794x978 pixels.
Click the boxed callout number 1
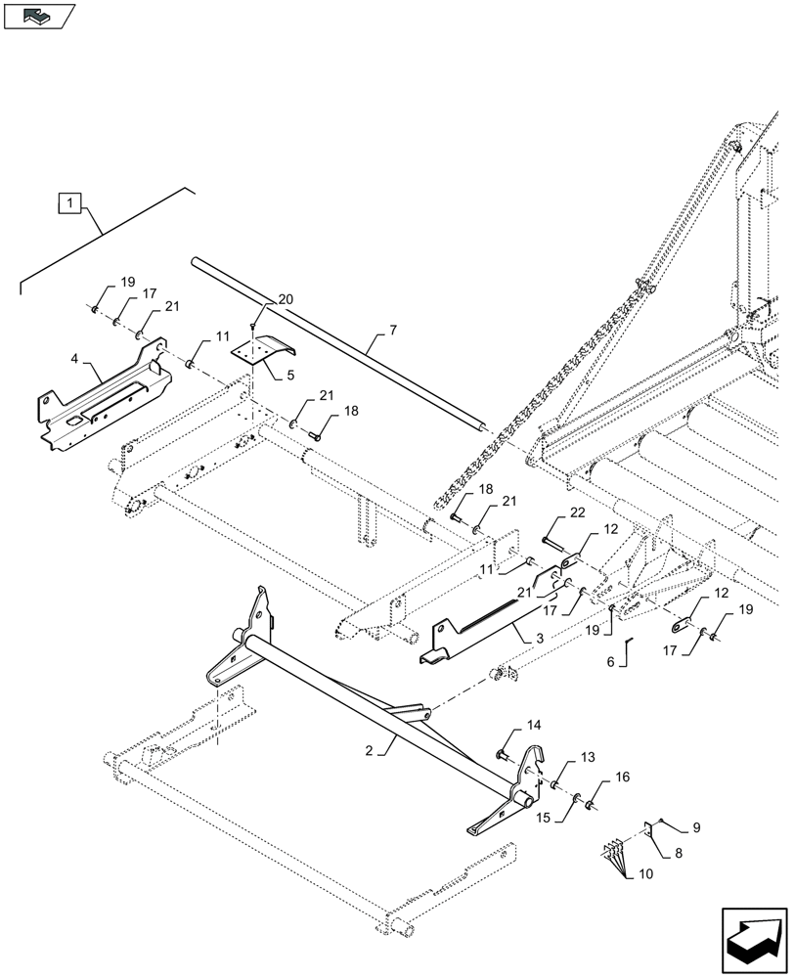[69, 203]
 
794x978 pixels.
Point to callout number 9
[697, 826]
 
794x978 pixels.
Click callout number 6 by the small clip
[610, 662]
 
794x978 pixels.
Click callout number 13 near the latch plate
[588, 758]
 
